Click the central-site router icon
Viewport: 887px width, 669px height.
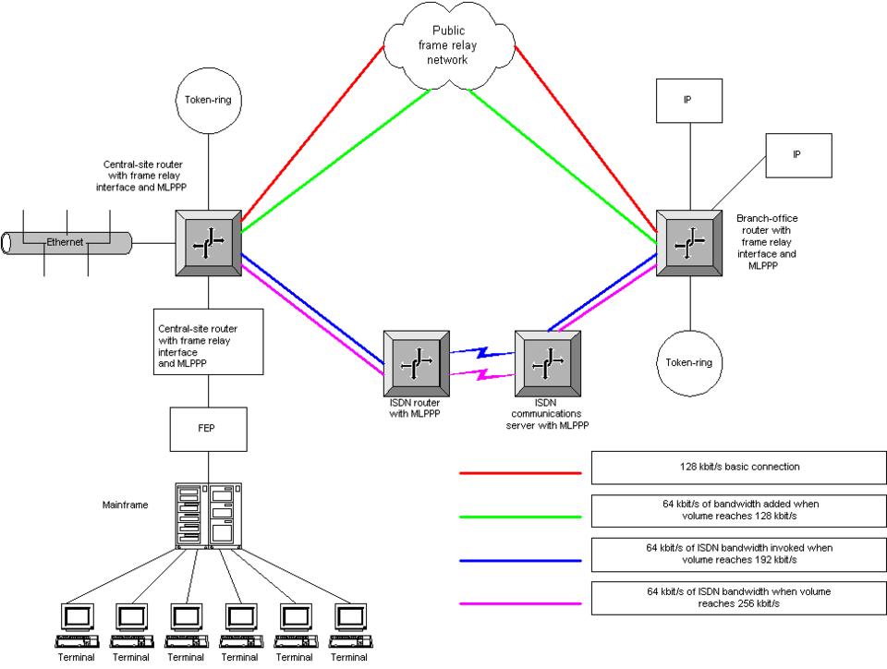(207, 243)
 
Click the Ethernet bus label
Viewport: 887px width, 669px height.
(66, 242)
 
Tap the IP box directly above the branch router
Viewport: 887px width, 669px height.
(687, 101)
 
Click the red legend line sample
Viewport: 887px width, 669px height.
(520, 472)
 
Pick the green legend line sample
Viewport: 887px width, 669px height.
(520, 516)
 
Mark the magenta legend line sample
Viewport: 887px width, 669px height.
(520, 604)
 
